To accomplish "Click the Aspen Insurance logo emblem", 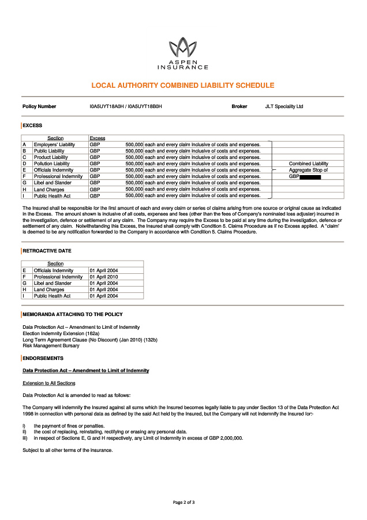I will pos(183,47).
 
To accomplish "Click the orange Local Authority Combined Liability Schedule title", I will pos(183,86).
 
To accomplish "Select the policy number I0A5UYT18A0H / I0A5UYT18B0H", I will pos(126,107).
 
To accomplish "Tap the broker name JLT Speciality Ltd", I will pos(284,107).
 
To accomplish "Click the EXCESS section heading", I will pos(32,125).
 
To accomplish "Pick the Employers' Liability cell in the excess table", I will pos(54,144).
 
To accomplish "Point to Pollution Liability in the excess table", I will pos(51,164).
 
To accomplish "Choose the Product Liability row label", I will pos(50,157).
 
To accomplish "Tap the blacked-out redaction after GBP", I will pos(310,176).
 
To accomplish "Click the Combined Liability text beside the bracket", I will pos(308,164).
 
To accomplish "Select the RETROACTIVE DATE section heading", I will pos(47,251).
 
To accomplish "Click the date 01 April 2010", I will pos(104,277).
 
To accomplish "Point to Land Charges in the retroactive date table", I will pos(50,289).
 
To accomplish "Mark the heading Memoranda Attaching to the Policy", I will pos(72,314).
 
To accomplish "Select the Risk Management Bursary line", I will pos(51,346).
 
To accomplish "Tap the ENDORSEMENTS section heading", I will pos(43,358).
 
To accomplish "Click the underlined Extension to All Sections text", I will pos(48,383).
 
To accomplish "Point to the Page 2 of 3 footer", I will pos(183,502).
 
